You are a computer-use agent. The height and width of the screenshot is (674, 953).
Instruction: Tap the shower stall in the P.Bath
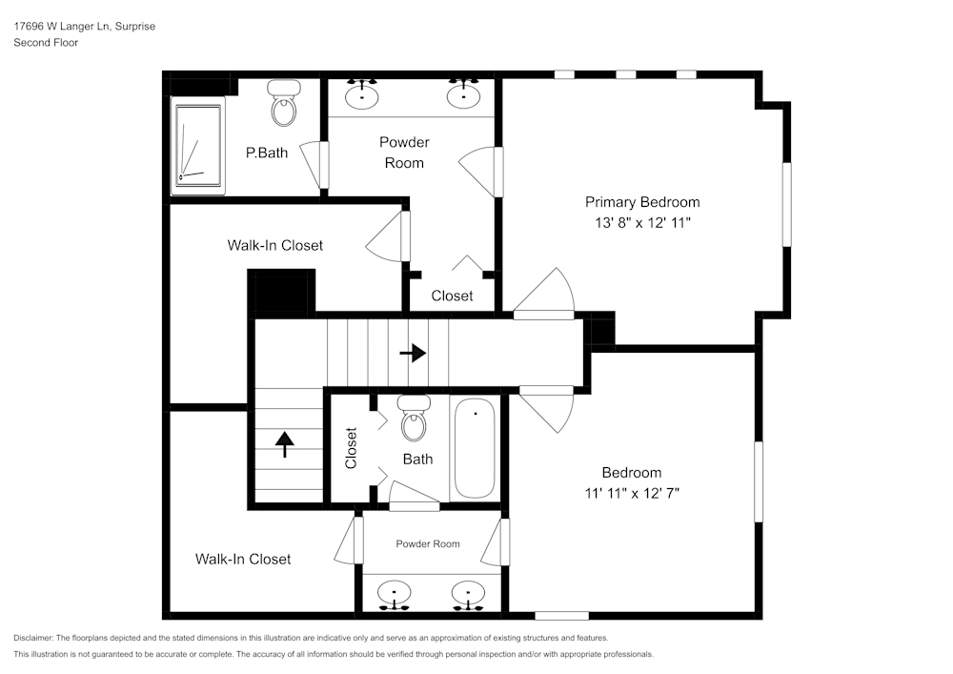(x=197, y=145)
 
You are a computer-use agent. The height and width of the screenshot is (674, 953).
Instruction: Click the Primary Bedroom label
(x=641, y=202)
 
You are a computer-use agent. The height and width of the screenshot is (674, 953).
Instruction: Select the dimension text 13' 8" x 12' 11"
(x=641, y=223)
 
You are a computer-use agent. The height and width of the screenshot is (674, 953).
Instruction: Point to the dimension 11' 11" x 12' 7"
(x=631, y=493)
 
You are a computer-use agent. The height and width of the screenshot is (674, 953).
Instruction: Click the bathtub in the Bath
(x=474, y=449)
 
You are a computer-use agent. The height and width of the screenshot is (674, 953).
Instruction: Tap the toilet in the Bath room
(x=414, y=420)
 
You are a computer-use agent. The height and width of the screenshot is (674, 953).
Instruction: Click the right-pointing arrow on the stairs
(x=413, y=353)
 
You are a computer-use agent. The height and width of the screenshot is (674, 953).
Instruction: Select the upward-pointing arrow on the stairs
(x=284, y=443)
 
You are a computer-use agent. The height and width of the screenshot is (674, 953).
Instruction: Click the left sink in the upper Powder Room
(x=362, y=95)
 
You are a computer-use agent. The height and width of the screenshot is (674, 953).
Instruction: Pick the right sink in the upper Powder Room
(x=464, y=95)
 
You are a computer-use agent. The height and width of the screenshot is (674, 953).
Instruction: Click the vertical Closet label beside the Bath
(x=351, y=448)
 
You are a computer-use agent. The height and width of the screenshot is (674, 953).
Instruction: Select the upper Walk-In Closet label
(x=274, y=245)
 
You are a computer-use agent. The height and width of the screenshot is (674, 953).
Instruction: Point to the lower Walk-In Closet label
(x=243, y=559)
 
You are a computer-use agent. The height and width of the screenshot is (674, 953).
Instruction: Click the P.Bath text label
(x=266, y=153)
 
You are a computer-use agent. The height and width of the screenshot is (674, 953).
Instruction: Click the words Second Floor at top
(x=46, y=43)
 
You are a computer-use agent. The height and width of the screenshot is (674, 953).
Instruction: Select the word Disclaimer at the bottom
(x=33, y=638)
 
